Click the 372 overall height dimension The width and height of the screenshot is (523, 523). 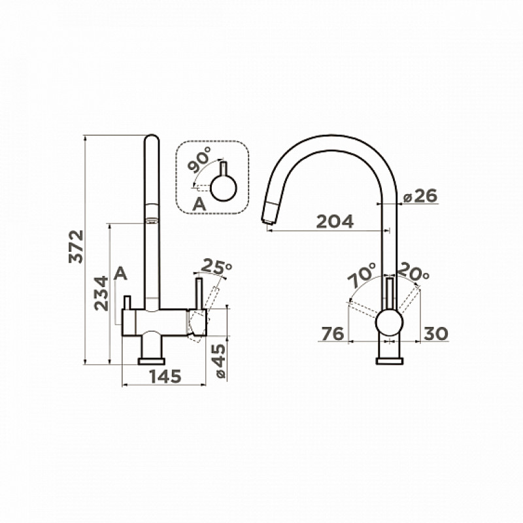76,246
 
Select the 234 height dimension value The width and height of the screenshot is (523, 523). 101,294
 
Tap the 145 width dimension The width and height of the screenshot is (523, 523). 165,377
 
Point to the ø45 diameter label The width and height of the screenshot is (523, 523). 220,362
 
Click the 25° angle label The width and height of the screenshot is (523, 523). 217,266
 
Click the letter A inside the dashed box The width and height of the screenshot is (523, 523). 199,204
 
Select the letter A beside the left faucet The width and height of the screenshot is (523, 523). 120,274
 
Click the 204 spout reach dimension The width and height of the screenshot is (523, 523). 335,222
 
